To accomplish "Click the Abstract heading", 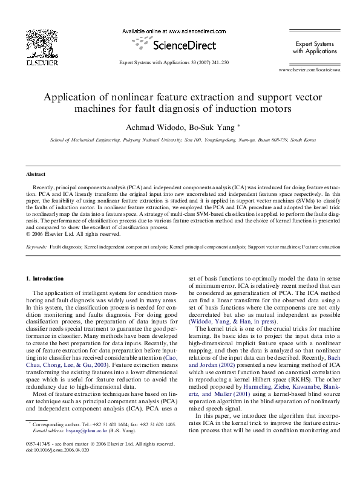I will click(x=38, y=175).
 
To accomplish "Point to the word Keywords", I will click(x=37, y=247).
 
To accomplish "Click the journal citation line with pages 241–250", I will click(x=173, y=62).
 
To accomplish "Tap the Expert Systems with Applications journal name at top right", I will click(x=315, y=48).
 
